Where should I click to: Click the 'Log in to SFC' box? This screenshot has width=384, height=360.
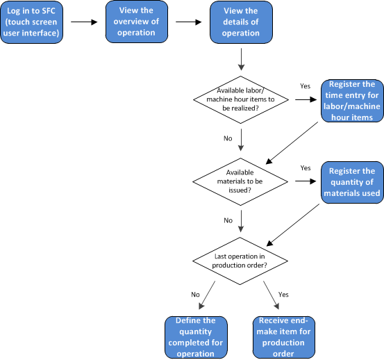click(x=31, y=22)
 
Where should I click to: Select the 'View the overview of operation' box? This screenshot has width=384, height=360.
click(x=137, y=22)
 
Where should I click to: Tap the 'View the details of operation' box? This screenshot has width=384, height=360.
click(x=241, y=22)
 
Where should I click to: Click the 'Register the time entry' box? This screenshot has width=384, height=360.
click(x=353, y=101)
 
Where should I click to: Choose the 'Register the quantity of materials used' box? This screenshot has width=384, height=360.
click(x=353, y=182)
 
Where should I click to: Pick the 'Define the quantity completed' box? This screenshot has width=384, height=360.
click(x=196, y=337)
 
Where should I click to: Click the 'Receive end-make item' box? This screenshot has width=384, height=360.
click(x=284, y=337)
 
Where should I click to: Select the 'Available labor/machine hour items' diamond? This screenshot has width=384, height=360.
click(x=241, y=100)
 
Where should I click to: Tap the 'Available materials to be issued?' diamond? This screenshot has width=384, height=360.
click(x=240, y=181)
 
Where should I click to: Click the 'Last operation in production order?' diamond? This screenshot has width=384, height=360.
click(x=240, y=261)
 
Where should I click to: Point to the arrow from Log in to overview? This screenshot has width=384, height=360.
click(x=84, y=22)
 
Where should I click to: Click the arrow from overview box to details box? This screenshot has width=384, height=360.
click(x=189, y=22)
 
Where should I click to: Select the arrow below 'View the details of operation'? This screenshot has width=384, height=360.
click(x=241, y=59)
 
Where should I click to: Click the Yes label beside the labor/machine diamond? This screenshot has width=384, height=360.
click(x=305, y=86)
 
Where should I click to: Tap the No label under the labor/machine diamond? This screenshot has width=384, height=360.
click(x=228, y=138)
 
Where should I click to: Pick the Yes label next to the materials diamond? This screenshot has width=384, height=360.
click(x=306, y=168)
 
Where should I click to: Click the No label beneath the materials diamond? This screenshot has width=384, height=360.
click(x=228, y=220)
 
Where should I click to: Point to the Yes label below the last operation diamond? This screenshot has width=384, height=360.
click(x=283, y=294)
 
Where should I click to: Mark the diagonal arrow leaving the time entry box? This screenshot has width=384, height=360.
click(x=292, y=142)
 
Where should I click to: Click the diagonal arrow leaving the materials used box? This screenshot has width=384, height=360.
click(x=293, y=224)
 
